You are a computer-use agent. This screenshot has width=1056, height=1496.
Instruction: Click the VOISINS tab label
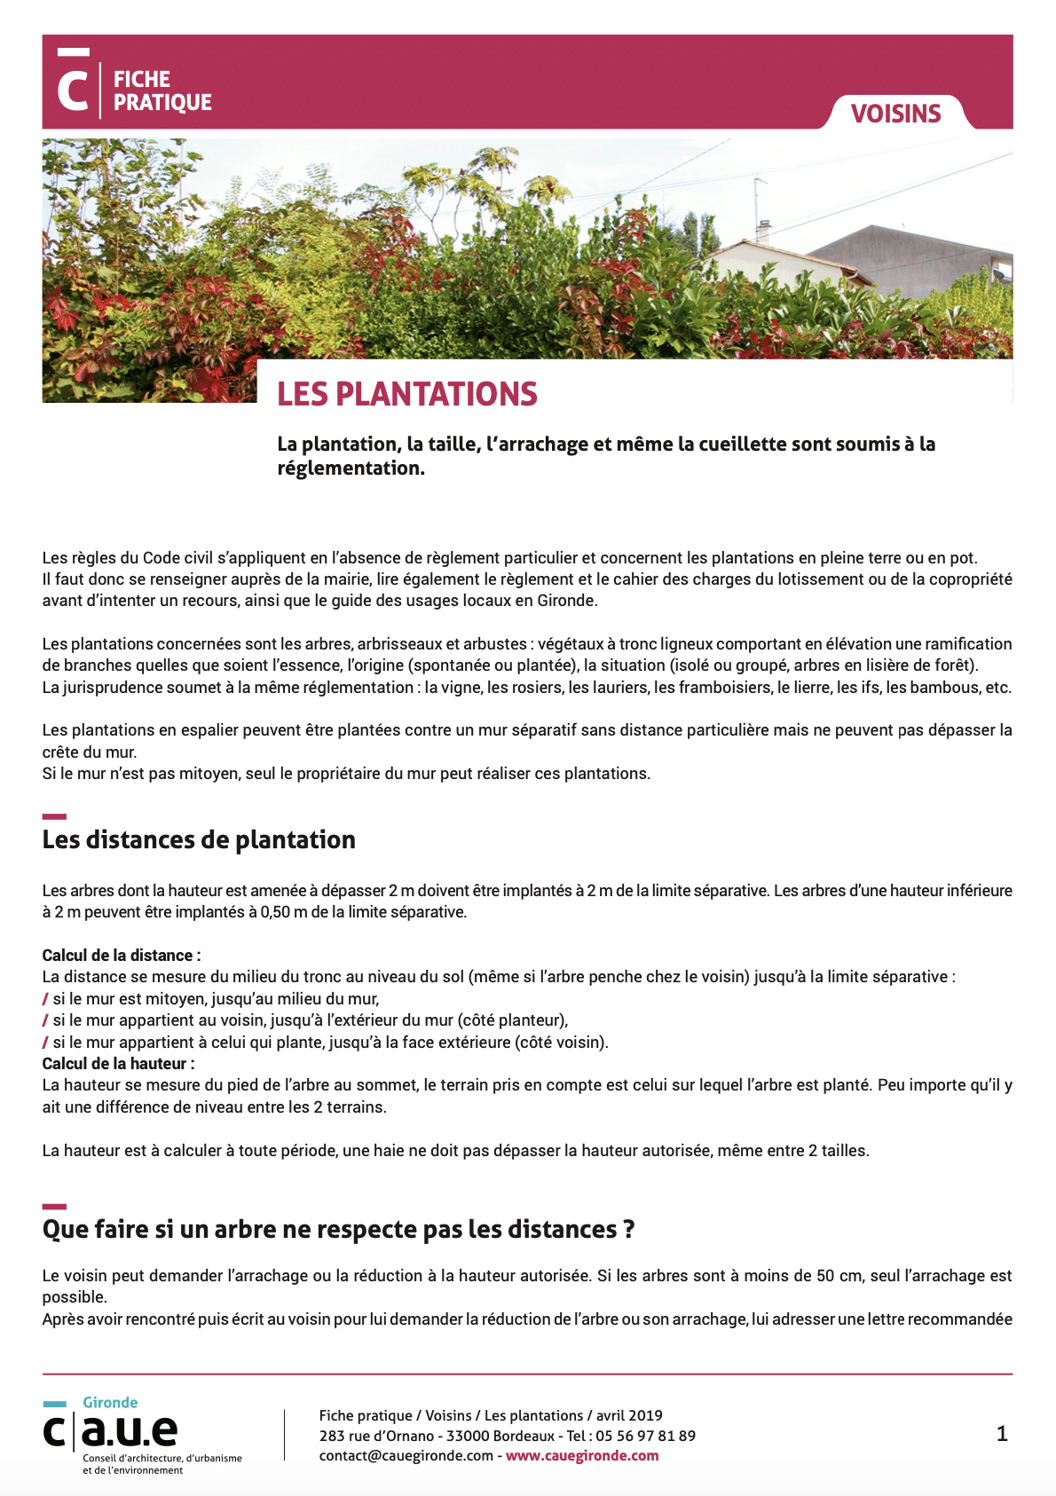coord(895,114)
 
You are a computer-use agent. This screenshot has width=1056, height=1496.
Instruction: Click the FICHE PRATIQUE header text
coord(162,91)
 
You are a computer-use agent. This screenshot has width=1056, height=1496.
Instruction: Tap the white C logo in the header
coord(73,87)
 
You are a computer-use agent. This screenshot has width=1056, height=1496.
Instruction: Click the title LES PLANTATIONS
coord(407,394)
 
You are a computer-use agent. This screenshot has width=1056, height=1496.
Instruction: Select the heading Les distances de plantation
coord(199,839)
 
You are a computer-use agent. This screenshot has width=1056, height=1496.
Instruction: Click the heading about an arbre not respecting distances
coord(338,1229)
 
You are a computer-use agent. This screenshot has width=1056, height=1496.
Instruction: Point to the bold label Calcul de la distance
coord(122,955)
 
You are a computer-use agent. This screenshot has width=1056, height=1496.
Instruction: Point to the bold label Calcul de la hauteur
coord(118,1063)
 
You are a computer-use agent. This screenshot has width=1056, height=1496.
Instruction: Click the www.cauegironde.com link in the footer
coord(582,1455)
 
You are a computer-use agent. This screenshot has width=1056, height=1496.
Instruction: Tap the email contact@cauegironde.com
coord(406,1455)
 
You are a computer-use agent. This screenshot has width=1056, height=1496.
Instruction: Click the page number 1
coord(1002,1434)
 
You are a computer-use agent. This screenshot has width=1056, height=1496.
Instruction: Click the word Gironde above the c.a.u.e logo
coord(110,1402)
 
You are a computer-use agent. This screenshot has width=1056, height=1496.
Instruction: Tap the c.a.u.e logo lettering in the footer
coord(111,1429)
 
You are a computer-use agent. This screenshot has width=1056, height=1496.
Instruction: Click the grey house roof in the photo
coord(914,244)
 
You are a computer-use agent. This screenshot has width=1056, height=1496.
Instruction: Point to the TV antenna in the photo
coord(760,200)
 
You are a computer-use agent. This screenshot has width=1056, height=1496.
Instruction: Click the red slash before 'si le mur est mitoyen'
coord(45,998)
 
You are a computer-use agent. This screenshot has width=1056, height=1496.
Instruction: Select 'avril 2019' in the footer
coord(629,1415)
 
